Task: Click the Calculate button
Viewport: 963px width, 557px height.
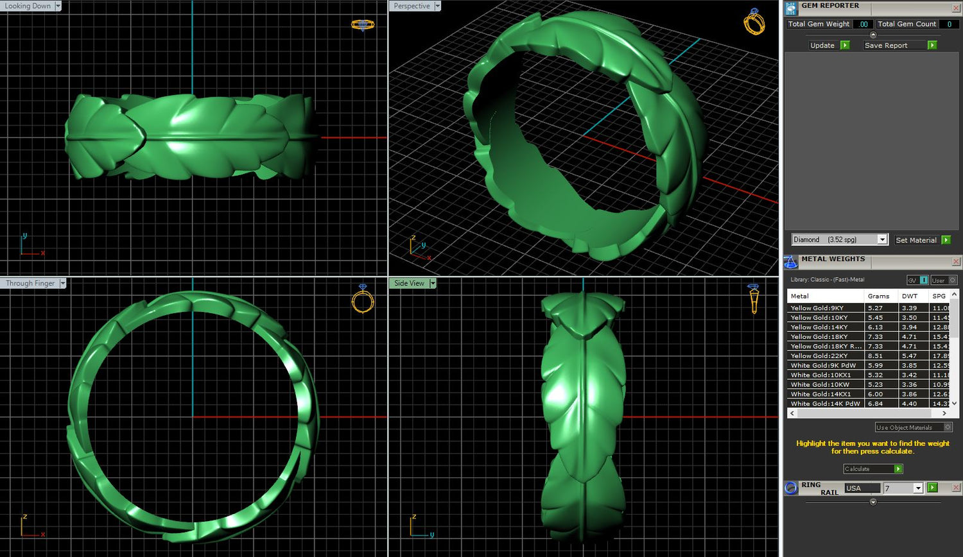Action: pyautogui.click(x=872, y=468)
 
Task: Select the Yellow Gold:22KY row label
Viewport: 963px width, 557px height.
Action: pyautogui.click(x=819, y=356)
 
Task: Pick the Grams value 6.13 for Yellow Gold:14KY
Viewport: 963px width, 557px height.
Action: pyautogui.click(x=875, y=327)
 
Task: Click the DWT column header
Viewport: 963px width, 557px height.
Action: pyautogui.click(x=909, y=296)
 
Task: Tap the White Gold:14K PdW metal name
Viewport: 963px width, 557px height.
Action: pyautogui.click(x=826, y=404)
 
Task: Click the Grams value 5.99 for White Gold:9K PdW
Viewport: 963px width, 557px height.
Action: pyautogui.click(x=875, y=365)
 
